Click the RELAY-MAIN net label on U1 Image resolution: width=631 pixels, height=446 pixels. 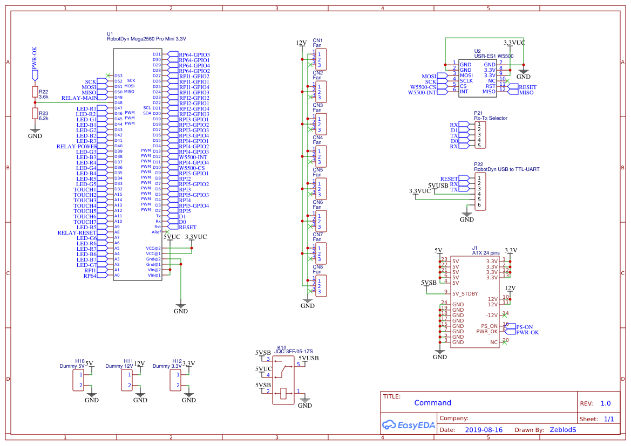(x=79, y=98)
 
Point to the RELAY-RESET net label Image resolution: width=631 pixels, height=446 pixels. (x=77, y=232)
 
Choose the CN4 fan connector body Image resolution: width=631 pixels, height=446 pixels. (x=321, y=156)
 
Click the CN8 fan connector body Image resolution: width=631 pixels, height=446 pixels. (x=321, y=286)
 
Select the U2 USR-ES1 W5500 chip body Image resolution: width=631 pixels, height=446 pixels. (x=478, y=78)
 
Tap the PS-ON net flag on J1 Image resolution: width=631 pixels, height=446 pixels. (x=524, y=327)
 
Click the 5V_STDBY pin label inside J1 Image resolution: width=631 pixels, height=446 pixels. (x=465, y=293)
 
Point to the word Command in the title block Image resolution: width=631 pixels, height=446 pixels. (x=432, y=403)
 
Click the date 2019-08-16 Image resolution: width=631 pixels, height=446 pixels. (x=483, y=430)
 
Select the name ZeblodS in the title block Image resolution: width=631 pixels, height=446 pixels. (x=563, y=430)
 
